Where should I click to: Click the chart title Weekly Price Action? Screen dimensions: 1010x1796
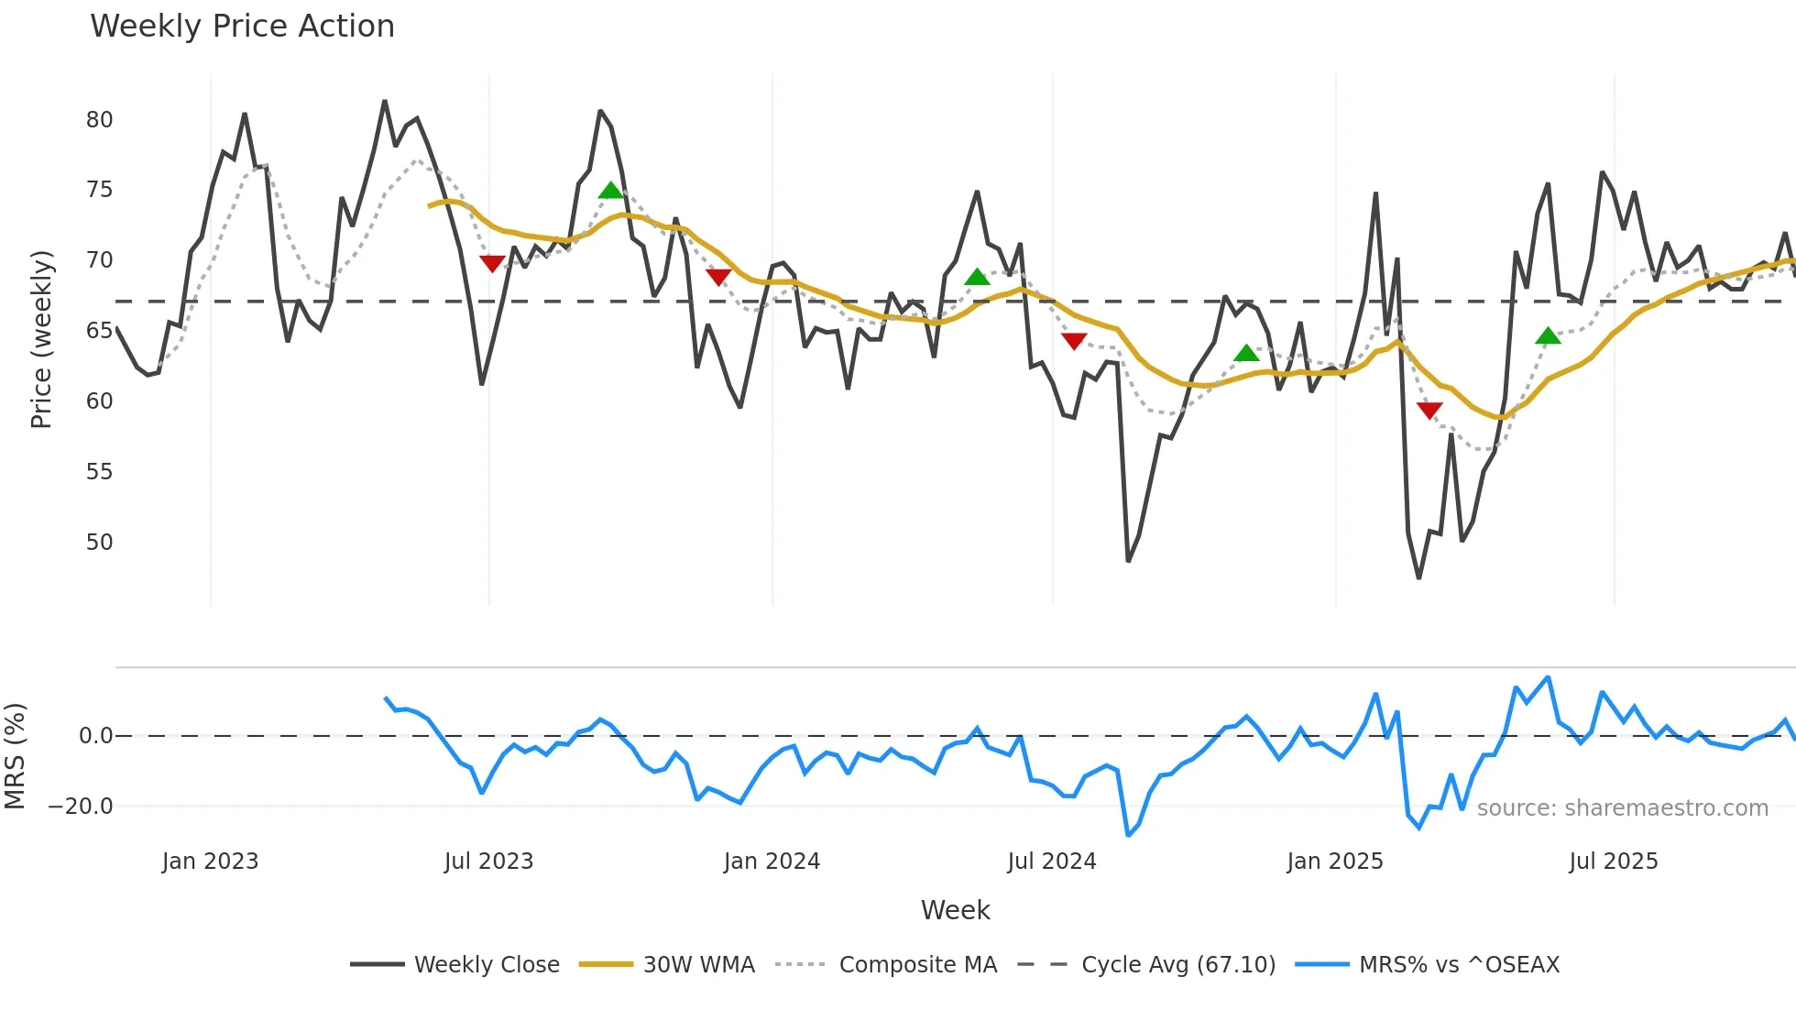coord(242,27)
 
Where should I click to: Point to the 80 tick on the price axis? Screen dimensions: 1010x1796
coord(99,120)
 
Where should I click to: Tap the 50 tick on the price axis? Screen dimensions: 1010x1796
coord(99,542)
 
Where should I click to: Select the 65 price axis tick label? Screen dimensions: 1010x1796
coord(99,331)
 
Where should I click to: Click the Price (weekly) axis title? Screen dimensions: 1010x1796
coord(41,339)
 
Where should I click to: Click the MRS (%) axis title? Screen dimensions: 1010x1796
coord(15,756)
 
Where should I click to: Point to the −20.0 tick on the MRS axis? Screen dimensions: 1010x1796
coord(81,807)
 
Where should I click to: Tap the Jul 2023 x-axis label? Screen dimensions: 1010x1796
coord(488,862)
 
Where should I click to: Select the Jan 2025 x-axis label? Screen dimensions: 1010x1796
coord(1334,862)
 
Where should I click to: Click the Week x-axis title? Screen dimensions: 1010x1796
coord(955,910)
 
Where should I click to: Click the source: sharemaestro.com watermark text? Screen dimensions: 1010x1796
coord(1622,808)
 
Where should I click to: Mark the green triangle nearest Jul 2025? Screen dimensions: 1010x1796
coord(1548,336)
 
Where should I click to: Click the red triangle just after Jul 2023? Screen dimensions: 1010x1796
coord(492,264)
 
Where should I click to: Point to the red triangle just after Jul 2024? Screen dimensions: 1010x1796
coord(1074,341)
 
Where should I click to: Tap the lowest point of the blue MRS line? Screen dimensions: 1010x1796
coord(1128,835)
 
